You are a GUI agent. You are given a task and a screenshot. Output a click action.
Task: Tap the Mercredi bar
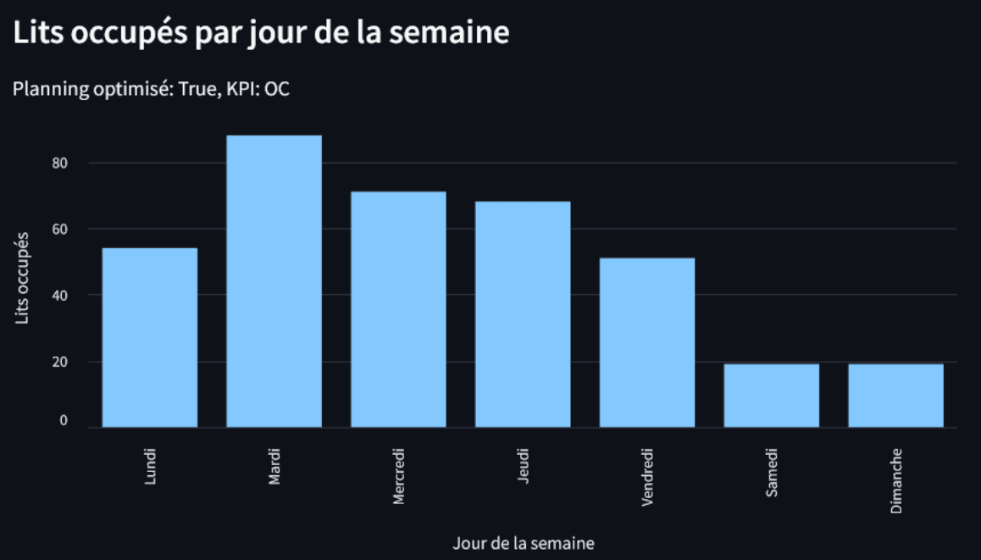pos(398,309)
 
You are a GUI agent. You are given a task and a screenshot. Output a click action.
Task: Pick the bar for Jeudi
pos(523,314)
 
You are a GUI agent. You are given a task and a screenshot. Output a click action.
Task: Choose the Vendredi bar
pos(647,342)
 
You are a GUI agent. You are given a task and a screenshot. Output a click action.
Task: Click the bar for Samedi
pos(772,396)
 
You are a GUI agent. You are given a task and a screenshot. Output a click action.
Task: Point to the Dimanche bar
pos(895,396)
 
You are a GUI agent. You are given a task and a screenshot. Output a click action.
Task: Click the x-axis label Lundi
pos(150,466)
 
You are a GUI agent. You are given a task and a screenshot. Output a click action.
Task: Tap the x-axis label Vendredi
pos(647,478)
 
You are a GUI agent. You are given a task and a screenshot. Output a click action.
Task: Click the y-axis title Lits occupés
pos(23,277)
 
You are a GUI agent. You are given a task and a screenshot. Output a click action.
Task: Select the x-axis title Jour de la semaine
pos(523,543)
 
